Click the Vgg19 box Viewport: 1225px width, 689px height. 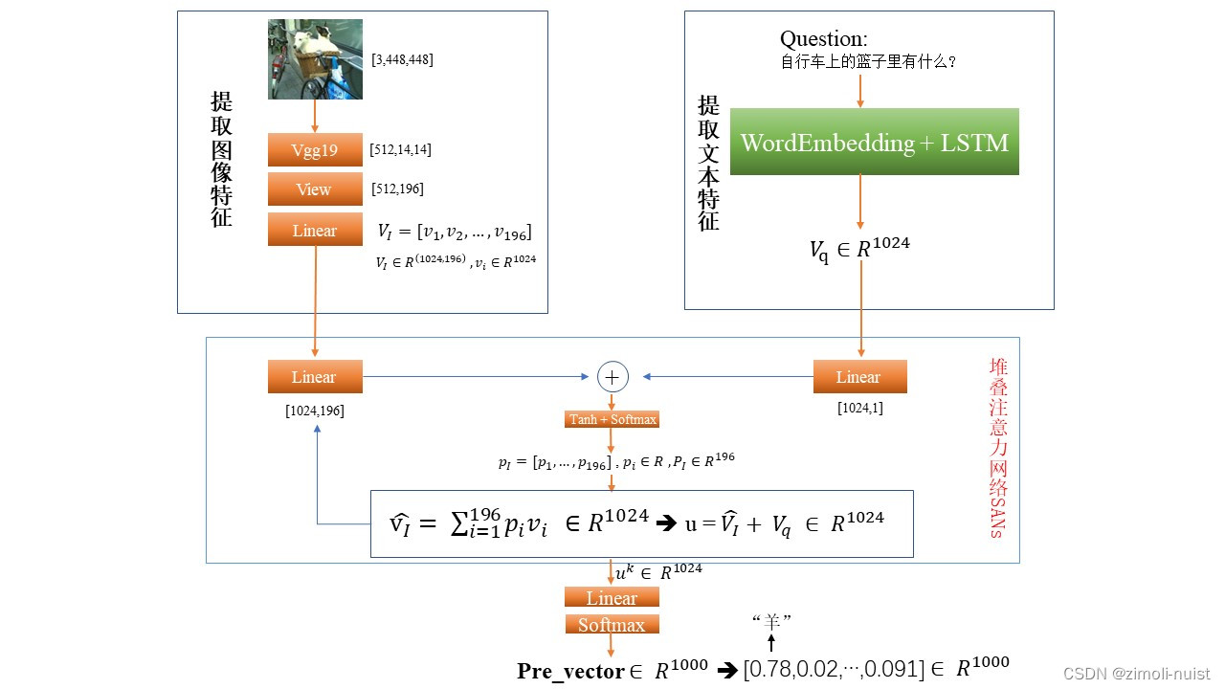[315, 150]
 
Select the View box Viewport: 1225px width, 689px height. [315, 189]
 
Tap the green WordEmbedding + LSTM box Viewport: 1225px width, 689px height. [874, 143]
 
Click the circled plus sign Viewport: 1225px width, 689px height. [612, 377]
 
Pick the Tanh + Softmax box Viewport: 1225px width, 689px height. [612, 420]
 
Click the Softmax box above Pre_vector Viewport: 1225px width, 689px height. [612, 625]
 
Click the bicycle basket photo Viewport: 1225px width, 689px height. [315, 59]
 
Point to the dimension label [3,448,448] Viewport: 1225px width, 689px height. [402, 59]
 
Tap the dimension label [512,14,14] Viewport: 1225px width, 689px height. [400, 149]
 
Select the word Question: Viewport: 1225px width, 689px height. [824, 39]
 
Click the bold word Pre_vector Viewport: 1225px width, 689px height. [570, 672]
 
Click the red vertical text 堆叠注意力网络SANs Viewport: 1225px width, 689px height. [998, 448]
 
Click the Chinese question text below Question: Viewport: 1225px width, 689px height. [869, 62]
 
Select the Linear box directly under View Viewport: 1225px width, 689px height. [315, 231]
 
